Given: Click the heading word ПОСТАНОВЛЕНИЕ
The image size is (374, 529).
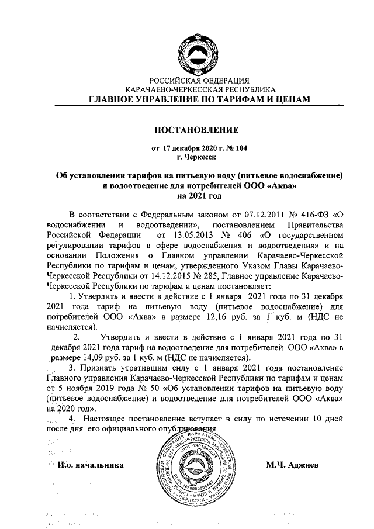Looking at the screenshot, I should (200, 129).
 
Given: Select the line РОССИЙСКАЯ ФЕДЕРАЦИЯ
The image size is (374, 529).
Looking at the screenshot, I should (200, 80).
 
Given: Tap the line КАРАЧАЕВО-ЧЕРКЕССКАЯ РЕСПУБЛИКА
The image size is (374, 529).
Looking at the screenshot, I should (200, 90).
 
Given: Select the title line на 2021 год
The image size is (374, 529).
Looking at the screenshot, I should (200, 196).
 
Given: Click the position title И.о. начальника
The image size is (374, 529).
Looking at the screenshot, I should (91, 465).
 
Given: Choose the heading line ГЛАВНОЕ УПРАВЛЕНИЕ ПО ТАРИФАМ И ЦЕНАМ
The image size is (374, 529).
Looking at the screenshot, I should (200, 100).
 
